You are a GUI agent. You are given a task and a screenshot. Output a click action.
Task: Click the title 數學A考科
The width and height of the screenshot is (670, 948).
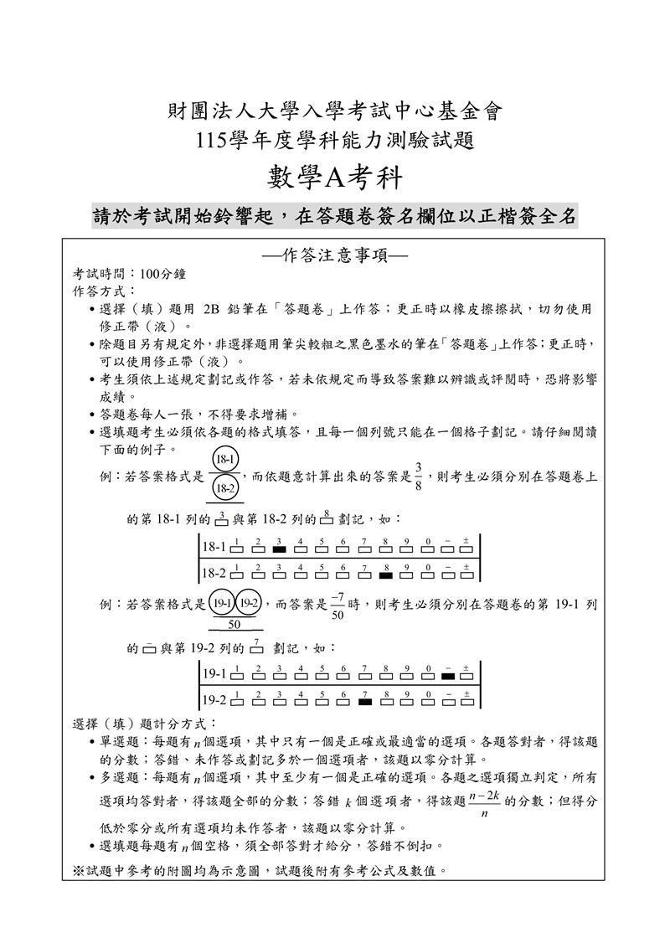coord(334,178)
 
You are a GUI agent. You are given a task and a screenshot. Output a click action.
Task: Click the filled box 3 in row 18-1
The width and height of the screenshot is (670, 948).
coord(279,549)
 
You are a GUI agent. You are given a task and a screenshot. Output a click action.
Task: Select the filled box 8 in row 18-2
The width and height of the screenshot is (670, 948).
coord(385,575)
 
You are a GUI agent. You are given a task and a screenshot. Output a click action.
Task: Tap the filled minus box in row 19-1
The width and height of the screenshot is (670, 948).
coord(448,675)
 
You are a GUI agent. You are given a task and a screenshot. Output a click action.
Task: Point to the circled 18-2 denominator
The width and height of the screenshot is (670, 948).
coord(225,487)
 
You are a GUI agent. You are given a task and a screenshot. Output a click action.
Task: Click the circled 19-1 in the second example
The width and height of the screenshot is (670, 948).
coord(222,603)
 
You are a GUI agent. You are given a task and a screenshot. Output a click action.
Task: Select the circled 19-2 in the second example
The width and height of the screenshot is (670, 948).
coord(250,603)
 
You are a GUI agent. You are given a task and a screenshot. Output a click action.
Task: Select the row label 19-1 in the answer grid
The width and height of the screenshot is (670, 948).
coord(214,673)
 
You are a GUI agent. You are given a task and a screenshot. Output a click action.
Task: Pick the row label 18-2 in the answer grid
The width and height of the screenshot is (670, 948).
coord(214,574)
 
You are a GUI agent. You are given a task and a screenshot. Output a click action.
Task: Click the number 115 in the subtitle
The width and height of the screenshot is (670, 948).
coord(207,139)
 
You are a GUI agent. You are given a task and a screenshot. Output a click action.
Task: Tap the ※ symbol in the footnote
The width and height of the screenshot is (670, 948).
coord(79,870)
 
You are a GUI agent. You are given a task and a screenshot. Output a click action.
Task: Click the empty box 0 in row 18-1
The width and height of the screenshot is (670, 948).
coord(427,549)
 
